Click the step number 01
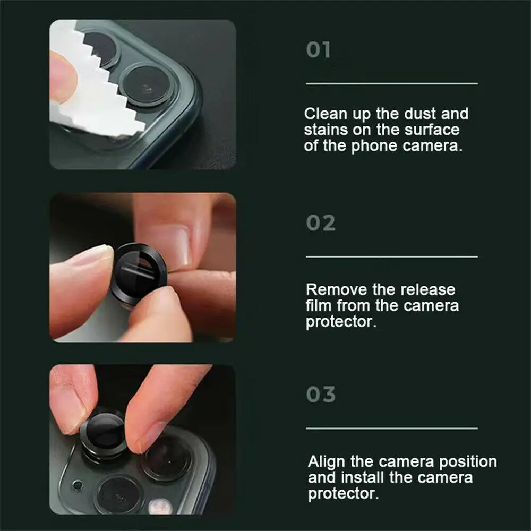coord(319,50)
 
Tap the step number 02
coord(321,223)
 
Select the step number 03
coord(321,395)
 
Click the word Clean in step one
coord(326,114)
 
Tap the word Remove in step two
coord(336,290)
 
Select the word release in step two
coord(427,290)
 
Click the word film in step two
coord(319,306)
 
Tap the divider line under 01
coord(391,84)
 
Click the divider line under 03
coord(391,428)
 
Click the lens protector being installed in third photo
coord(103,433)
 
